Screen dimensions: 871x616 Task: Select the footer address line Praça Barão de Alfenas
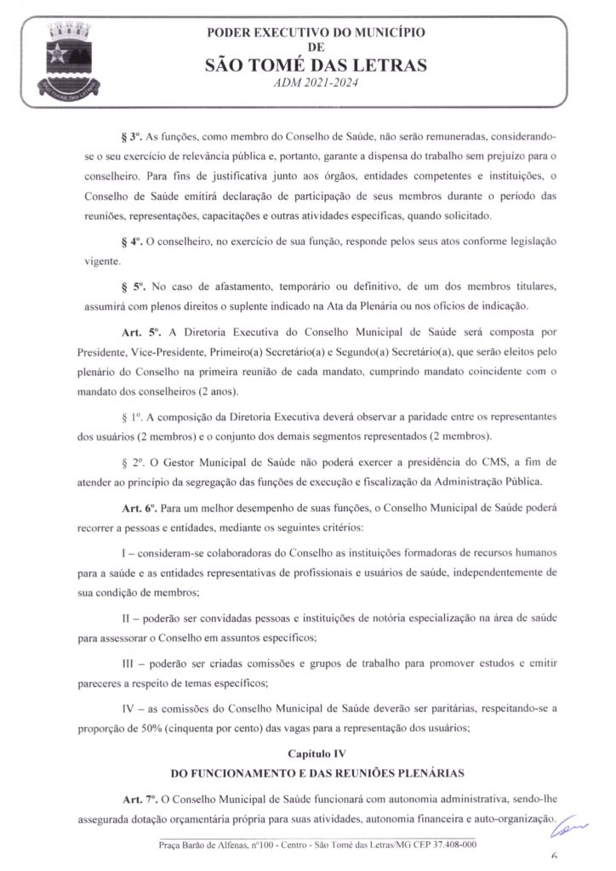317,845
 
